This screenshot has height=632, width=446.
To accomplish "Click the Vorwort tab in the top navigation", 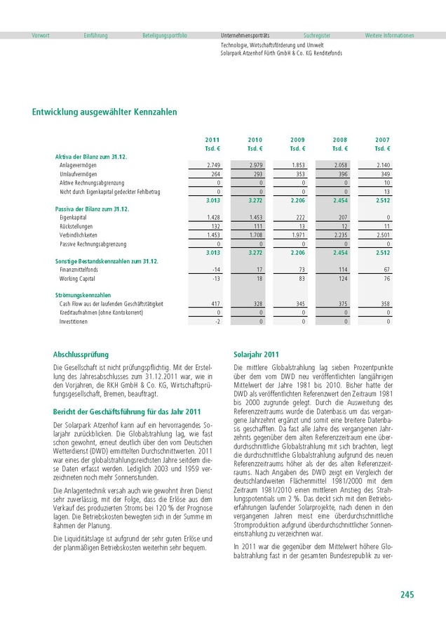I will [x=40, y=35].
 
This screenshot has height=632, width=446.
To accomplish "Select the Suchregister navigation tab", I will [x=317, y=35].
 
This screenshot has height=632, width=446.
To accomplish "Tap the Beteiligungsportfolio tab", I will [x=164, y=35].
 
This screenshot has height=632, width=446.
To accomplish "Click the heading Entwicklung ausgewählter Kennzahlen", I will [x=104, y=112].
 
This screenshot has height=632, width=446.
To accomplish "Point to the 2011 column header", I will [x=212, y=140].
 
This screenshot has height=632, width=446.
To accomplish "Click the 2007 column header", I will [x=382, y=140].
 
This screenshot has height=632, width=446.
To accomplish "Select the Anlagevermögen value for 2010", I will [x=255, y=164].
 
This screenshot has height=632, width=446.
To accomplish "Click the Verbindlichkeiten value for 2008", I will [x=340, y=235].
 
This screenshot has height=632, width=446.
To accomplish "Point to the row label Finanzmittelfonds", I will [x=79, y=270].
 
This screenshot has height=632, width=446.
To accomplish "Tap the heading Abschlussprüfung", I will [x=81, y=355].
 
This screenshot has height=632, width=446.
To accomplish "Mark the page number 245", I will [x=407, y=595].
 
